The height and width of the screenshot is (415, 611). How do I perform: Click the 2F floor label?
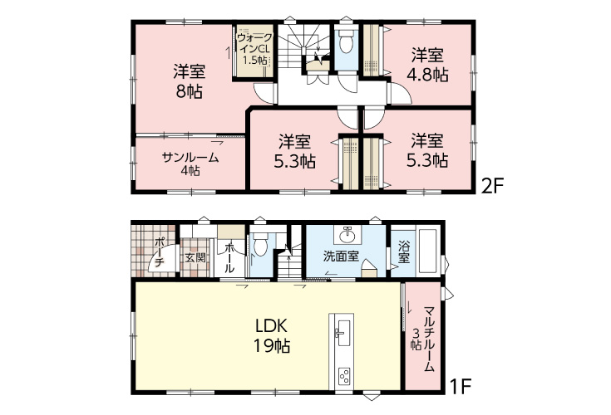pyautogui.click(x=492, y=187)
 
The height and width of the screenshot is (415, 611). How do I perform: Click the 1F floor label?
pyautogui.click(x=461, y=387)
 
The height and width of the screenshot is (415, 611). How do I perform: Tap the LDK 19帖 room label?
pyautogui.click(x=272, y=335)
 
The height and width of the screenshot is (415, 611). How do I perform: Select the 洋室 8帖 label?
pyautogui.click(x=189, y=81)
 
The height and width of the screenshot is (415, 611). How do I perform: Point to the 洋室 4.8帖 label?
pyautogui.click(x=427, y=65)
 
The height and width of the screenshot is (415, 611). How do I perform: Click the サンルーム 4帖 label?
pyautogui.click(x=190, y=164)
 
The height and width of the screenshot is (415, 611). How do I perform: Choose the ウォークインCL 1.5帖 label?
pyautogui.click(x=255, y=49)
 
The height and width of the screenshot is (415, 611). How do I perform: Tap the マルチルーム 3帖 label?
pyautogui.click(x=423, y=339)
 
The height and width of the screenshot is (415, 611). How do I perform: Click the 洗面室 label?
pyautogui.click(x=341, y=256)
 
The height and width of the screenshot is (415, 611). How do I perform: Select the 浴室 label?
pyautogui.click(x=404, y=252)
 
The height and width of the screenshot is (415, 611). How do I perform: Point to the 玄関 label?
pyautogui.click(x=195, y=257)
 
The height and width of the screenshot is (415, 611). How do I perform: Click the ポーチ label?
pyautogui.click(x=159, y=252)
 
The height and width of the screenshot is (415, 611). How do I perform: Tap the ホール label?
pyautogui.click(x=229, y=257)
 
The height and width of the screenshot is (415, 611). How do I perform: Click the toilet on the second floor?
pyautogui.click(x=345, y=41)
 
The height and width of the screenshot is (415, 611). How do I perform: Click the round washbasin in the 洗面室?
pyautogui.click(x=347, y=236)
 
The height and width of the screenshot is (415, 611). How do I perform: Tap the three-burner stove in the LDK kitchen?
pyautogui.click(x=345, y=376)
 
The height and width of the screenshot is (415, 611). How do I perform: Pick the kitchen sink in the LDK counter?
pyautogui.click(x=342, y=333)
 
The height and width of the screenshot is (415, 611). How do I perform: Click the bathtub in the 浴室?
pyautogui.click(x=428, y=251)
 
